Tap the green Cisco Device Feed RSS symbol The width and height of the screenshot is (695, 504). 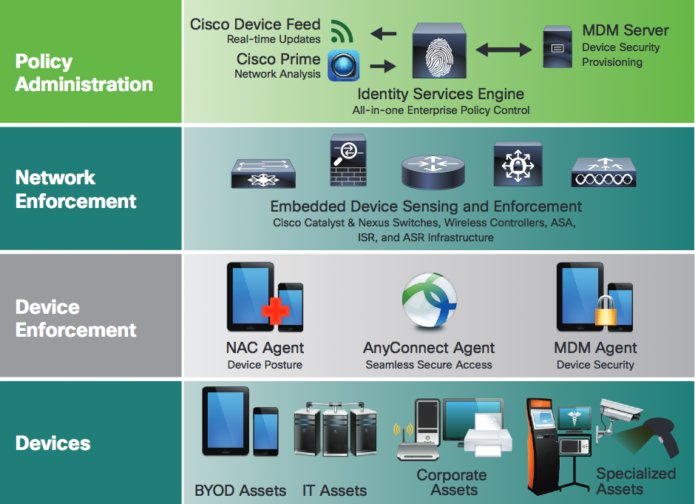[341, 31]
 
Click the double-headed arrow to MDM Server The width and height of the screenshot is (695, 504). [504, 50]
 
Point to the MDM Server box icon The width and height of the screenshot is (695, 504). [556, 47]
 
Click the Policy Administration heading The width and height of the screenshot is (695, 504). [84, 73]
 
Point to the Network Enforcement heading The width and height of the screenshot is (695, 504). [75, 189]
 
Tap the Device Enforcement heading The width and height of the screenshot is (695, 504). [75, 318]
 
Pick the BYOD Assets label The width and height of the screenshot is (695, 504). [240, 491]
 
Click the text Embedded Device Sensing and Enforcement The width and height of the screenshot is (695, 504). [426, 206]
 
